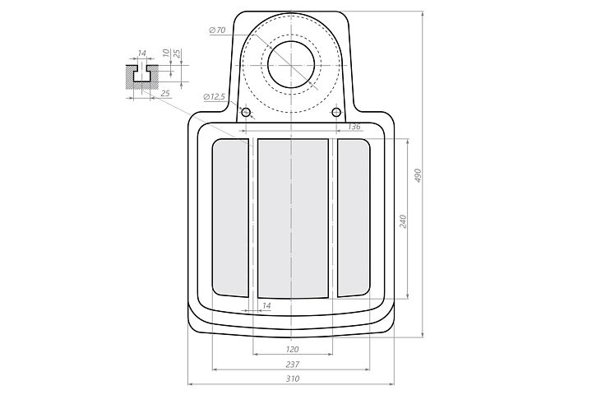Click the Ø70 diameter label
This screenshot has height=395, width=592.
[x=217, y=30]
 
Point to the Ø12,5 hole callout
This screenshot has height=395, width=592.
[x=214, y=97]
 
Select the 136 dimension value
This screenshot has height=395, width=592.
[x=354, y=127]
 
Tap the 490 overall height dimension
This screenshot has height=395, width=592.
[x=418, y=176]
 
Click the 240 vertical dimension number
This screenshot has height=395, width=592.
[x=403, y=221]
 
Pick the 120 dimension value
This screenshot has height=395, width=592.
[x=293, y=349]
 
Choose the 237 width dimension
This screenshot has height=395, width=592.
[x=293, y=365]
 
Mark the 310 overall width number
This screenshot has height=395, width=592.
[x=293, y=379]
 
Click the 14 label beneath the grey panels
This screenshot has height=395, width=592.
[x=266, y=305]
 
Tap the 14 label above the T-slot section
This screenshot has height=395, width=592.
[x=141, y=53]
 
